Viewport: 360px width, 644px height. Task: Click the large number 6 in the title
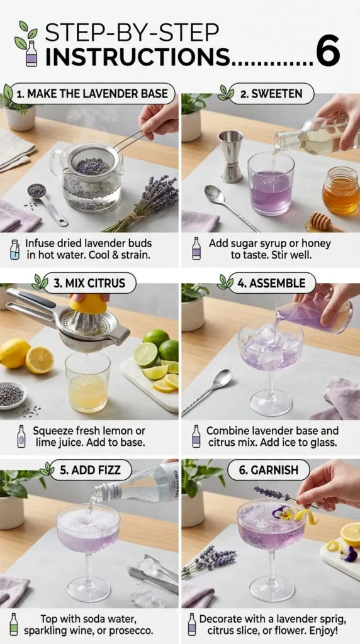click(328, 50)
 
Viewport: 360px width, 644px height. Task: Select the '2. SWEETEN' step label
click(271, 94)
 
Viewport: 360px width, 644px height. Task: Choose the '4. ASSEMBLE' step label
click(271, 283)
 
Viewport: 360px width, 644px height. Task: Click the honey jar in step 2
click(340, 192)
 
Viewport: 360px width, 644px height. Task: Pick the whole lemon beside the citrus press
click(14, 353)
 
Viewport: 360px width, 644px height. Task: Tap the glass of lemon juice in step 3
click(87, 384)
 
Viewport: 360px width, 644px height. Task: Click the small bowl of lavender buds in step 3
click(11, 394)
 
